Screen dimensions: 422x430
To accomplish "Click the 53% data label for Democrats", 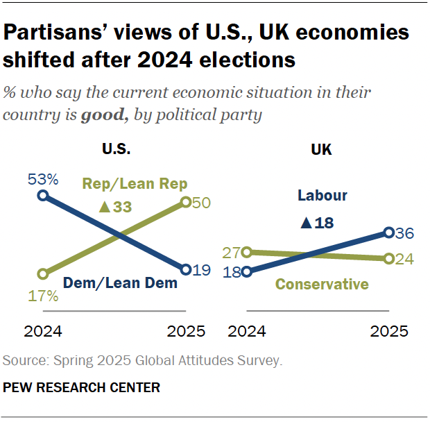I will coord(42,180).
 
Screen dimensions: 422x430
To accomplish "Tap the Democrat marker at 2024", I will coord(43,196).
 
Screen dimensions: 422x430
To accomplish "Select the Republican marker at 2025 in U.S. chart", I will coord(186,202).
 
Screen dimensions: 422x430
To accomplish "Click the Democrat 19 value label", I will coord(201,270).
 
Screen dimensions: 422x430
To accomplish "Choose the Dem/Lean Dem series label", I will coord(120,282).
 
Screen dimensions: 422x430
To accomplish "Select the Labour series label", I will coord(322,196).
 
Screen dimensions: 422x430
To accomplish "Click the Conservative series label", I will coord(322,284).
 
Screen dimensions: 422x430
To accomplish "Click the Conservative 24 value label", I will coord(404,259).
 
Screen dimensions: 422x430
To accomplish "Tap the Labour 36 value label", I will coord(405,233).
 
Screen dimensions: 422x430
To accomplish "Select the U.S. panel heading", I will coord(116,149).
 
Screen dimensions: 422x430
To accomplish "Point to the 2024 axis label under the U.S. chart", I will coord(43,331).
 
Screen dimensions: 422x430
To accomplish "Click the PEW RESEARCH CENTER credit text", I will coord(82,388).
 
